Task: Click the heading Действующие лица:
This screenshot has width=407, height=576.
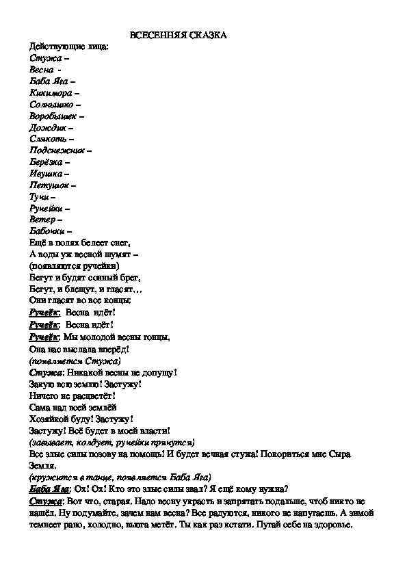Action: tap(69, 47)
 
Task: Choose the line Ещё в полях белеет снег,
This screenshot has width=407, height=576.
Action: tap(80, 242)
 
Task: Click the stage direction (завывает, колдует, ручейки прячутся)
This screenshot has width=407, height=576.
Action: tap(111, 442)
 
